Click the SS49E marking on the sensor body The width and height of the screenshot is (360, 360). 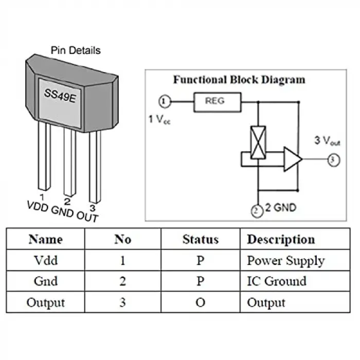[60, 96]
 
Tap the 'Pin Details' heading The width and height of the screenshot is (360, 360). [76, 50]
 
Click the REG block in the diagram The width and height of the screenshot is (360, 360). [218, 102]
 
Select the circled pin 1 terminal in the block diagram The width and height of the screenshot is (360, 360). [165, 101]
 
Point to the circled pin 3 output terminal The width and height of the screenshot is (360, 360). [334, 160]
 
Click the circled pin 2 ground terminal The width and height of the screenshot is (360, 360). [257, 211]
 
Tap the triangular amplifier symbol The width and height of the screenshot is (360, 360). [293, 159]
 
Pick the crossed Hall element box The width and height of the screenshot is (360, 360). [258, 142]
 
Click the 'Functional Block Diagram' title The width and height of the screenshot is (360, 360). [239, 80]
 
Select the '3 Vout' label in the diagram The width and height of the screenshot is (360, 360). [327, 140]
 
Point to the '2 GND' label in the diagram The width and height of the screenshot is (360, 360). [281, 208]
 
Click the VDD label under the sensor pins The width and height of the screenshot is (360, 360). [38, 206]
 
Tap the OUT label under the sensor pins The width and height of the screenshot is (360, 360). [87, 217]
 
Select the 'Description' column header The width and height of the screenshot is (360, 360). [281, 240]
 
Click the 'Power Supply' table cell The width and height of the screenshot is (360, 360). [286, 261]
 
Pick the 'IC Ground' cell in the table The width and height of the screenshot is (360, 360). [277, 281]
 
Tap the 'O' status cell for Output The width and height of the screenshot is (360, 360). [201, 302]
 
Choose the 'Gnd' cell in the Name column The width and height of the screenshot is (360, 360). [45, 281]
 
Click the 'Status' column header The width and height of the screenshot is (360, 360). [201, 239]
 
